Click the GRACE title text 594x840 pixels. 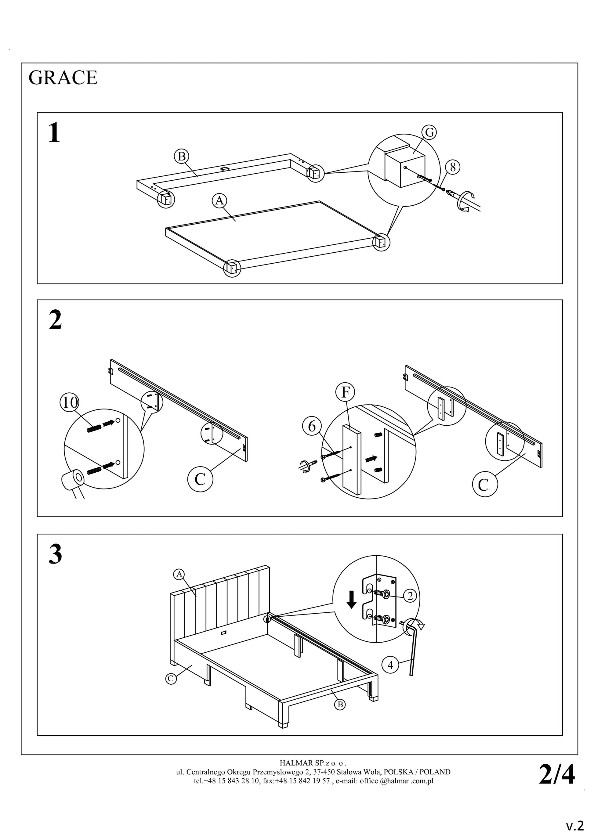[x=63, y=78]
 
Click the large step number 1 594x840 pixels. [x=54, y=133]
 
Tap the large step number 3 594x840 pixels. [x=55, y=554]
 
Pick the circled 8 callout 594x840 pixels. [x=453, y=167]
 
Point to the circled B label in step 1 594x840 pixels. [x=181, y=156]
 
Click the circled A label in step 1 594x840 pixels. [x=219, y=200]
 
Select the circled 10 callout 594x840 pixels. [x=70, y=403]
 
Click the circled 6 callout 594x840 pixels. [x=312, y=426]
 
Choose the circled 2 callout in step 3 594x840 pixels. [x=410, y=596]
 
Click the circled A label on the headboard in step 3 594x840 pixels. [x=179, y=574]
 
